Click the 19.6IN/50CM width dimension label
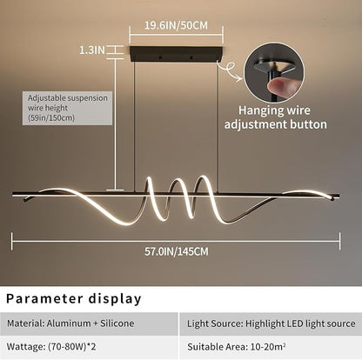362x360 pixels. pos(176,25)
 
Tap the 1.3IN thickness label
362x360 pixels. pos(92,50)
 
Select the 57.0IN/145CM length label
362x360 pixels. pos(177,251)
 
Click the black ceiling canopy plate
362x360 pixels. pos(176,54)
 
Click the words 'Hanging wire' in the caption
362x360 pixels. pos(274,110)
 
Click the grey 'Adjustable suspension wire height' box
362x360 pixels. pos(67,108)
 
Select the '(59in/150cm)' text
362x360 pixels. pos(51,118)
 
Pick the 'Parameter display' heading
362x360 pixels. pos(74,298)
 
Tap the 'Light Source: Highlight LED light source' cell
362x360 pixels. pos(271,323)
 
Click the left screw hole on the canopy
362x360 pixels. pos(159,58)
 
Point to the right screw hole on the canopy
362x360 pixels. pos(191,58)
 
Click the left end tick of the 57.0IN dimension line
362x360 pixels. pos(12,241)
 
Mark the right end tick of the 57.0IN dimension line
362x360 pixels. pos(339,241)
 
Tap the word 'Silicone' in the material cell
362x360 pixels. pos(117,323)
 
